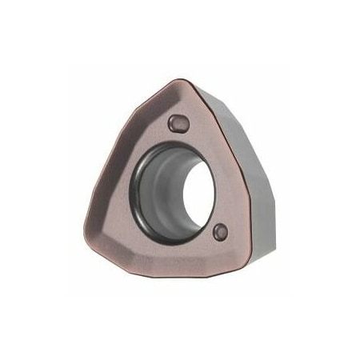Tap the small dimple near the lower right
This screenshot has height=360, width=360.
tap(221, 232)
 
